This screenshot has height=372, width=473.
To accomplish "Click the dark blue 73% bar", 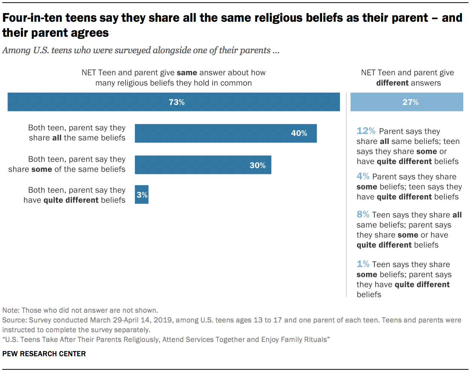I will click(x=174, y=102).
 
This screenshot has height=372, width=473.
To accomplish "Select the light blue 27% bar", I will click(x=407, y=102).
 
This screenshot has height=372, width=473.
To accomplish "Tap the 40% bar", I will click(x=226, y=133).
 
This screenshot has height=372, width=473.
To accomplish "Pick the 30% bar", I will click(x=203, y=165).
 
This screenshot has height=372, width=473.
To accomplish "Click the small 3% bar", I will click(x=142, y=195).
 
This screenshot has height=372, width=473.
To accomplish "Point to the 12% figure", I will click(x=366, y=131).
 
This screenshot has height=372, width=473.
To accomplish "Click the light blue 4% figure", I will click(x=363, y=176).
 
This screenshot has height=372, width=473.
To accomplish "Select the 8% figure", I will click(x=363, y=214).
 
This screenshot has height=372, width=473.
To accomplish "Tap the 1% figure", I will click(x=363, y=264).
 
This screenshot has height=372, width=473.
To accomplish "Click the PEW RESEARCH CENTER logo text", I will click(x=44, y=354).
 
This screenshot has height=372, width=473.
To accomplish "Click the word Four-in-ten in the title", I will click(x=33, y=18).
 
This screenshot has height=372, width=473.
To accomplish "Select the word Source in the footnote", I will click(x=14, y=320).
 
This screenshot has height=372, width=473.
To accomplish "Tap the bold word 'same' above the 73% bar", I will click(x=187, y=73).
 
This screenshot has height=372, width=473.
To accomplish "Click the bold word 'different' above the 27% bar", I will click(x=392, y=83).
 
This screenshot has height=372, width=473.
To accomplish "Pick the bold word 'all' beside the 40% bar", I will click(x=57, y=138).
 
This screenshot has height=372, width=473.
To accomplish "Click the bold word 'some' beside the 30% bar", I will click(x=42, y=169).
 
